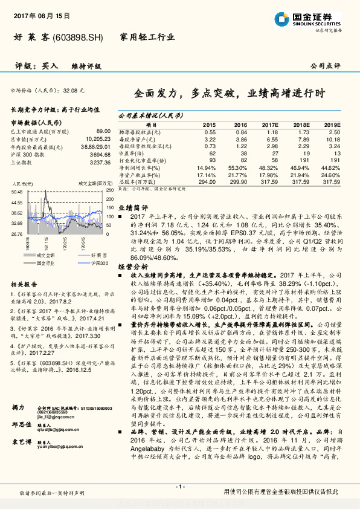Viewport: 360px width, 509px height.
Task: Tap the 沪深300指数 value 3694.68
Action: (x=98, y=154)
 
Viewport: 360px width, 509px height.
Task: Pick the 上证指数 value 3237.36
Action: (x=98, y=162)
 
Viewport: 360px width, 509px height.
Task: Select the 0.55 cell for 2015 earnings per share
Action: (x=210, y=131)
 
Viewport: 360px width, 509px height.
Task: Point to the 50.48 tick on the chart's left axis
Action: (x=17, y=192)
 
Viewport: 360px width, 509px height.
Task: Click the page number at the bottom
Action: (x=179, y=487)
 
